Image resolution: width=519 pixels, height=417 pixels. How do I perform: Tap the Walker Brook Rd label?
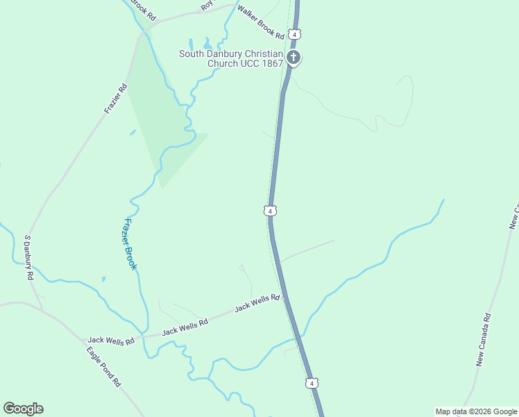coord(261,22)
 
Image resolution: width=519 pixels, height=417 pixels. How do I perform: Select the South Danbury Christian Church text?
coord(231,58)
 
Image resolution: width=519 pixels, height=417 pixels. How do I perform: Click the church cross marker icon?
coord(293,58)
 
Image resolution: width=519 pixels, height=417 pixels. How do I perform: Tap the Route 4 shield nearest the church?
coord(296,34)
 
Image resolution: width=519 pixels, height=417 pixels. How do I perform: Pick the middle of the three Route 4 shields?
coord(271,210)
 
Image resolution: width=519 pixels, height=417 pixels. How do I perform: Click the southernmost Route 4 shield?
coord(312,383)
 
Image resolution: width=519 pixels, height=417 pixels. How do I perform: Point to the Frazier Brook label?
coord(130,244)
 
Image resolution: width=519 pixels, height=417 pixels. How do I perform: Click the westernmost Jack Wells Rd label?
coord(110,341)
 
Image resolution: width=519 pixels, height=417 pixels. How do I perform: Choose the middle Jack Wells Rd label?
coord(185,327)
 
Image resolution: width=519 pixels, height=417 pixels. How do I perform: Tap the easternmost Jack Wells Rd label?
coord(257,302)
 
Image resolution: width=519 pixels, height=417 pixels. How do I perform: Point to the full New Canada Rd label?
coord(484,340)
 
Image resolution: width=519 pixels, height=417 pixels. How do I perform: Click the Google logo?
coord(23,409)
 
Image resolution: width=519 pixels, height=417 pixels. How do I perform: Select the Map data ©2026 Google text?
coord(476,411)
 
